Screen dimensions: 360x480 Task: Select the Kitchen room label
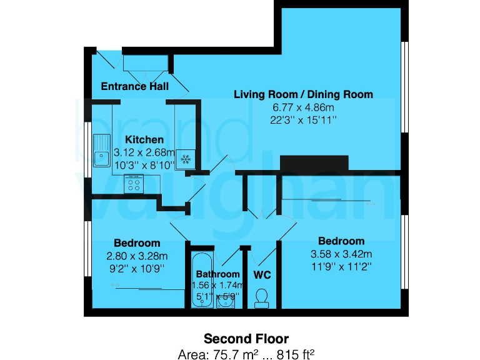coord(144,139)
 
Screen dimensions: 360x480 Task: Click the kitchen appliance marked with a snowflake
coord(185,159)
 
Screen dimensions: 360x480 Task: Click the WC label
coord(262,274)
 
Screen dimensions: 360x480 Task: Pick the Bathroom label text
coord(217,274)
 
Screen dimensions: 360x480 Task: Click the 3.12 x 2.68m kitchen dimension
coord(144,152)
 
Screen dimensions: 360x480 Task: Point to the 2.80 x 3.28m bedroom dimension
coord(137,255)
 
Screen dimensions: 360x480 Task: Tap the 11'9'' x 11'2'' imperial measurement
coord(341,266)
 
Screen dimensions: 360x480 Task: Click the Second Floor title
coord(246,339)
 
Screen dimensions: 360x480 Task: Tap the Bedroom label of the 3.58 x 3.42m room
coord(341,241)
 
